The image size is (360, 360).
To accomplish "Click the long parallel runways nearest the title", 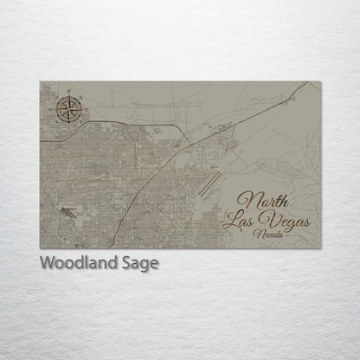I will [207, 183].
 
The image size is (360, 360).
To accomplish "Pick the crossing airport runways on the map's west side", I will [67, 209].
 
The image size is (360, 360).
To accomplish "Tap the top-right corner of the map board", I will [320, 82].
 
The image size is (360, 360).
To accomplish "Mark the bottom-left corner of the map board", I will [40, 247].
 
